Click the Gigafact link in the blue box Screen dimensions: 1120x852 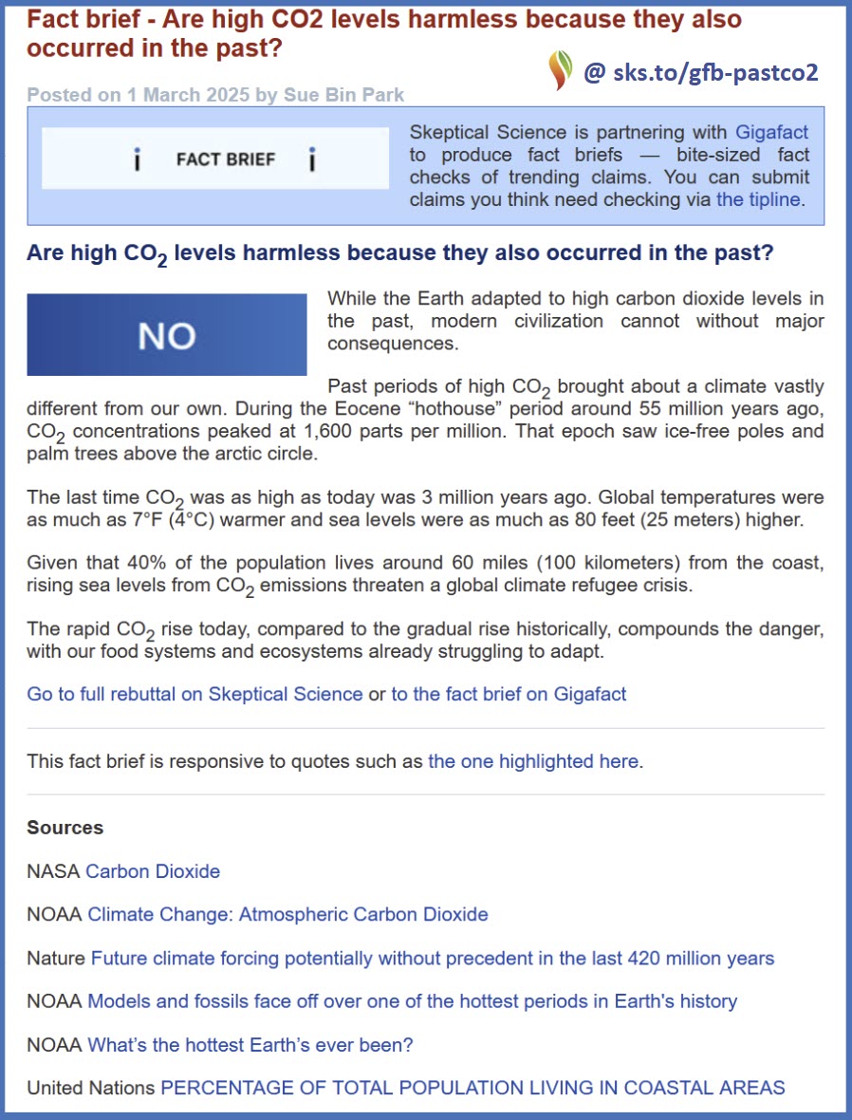point(771,132)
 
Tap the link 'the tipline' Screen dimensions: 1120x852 point(758,199)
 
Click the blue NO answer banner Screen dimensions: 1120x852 point(167,335)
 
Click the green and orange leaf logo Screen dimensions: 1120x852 point(561,70)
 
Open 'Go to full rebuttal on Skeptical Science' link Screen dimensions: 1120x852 point(194,694)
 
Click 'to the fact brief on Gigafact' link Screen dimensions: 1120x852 point(509,694)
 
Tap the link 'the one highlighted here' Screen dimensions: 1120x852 point(533,761)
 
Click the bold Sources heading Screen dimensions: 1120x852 point(65,828)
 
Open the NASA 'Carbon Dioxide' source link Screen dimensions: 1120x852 point(153,871)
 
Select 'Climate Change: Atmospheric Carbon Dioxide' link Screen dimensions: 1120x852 point(287,915)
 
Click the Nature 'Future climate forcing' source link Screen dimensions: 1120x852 point(432,959)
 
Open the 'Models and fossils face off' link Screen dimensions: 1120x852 point(412,1001)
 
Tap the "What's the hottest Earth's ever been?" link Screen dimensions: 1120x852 point(250,1045)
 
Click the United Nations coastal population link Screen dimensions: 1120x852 point(472,1088)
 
